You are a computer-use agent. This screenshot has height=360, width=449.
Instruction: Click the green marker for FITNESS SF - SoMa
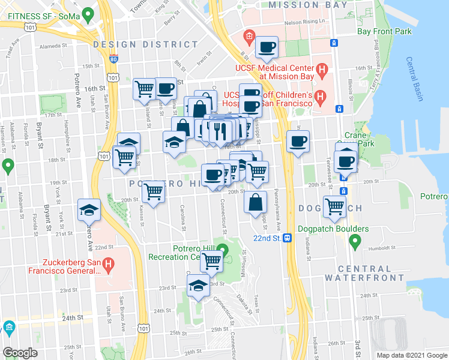tap(88, 13)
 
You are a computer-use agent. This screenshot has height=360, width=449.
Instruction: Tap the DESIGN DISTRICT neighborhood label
tap(146, 44)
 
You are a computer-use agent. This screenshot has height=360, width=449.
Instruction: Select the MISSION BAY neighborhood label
tap(307, 5)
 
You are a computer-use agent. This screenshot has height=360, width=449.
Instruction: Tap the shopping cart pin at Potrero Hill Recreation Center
tap(212, 261)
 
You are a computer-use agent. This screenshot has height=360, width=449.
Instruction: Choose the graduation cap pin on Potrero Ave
tap(89, 210)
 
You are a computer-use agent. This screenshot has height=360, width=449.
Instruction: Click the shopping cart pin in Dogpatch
tap(334, 206)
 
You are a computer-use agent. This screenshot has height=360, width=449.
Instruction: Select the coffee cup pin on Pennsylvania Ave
tap(298, 142)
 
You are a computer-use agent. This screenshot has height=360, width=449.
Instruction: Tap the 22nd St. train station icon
tap(288, 238)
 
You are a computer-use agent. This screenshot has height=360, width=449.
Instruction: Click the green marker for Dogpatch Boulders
tap(354, 242)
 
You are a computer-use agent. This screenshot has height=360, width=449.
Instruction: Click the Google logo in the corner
tap(20, 353)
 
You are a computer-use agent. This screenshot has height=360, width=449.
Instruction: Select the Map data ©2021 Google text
tap(411, 355)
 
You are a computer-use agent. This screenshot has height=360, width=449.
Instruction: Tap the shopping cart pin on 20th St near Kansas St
tap(154, 192)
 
